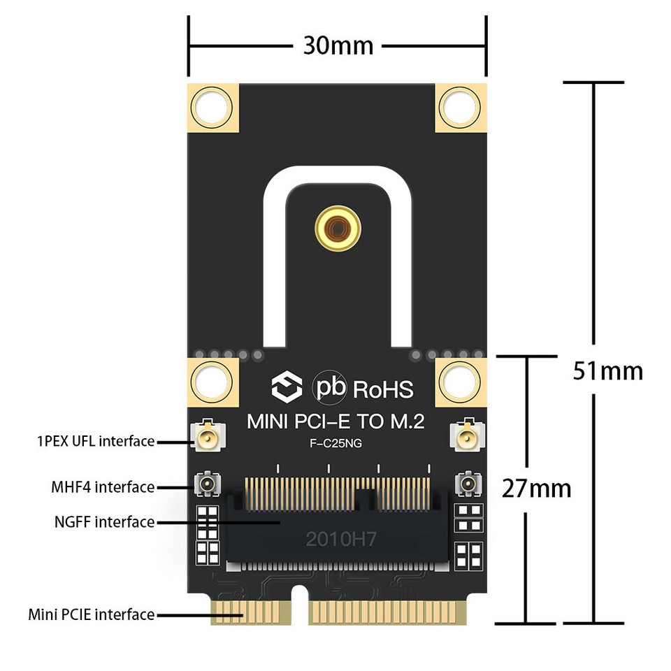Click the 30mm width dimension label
338,46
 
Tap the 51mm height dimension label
607,370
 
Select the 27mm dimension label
536,488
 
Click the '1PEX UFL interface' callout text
95,441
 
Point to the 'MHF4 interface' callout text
103,486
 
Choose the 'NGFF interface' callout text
104,521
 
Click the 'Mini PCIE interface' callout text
91,614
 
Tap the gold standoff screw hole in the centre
338,228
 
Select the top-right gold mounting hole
460,107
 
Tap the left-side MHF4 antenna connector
208,482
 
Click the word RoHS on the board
383,389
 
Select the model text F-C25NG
335,443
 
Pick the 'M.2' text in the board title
403,422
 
